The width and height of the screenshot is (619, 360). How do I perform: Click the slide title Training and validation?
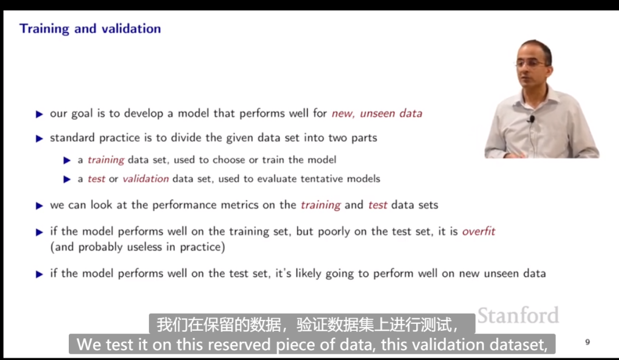[x=90, y=29]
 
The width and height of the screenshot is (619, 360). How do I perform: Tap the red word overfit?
[x=479, y=231]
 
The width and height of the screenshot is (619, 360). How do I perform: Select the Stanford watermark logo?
[x=518, y=315]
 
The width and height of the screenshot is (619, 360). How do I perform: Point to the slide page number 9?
[x=587, y=342]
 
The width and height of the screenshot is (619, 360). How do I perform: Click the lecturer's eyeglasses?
[x=531, y=63]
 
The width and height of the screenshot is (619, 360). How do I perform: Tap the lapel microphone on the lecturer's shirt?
[x=532, y=119]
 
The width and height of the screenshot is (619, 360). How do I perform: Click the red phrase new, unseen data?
[x=377, y=114]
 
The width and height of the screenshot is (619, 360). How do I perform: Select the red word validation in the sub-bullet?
[x=146, y=179]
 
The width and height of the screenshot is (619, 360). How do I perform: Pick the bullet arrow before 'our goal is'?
[x=40, y=115]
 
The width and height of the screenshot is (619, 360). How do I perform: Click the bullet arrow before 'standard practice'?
[x=40, y=139]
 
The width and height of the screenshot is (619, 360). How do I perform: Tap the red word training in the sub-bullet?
[x=106, y=160]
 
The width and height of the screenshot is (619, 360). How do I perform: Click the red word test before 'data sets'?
[x=378, y=205]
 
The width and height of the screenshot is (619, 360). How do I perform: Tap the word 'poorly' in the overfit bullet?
[x=334, y=232]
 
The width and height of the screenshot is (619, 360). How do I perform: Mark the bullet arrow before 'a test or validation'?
[x=67, y=179]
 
